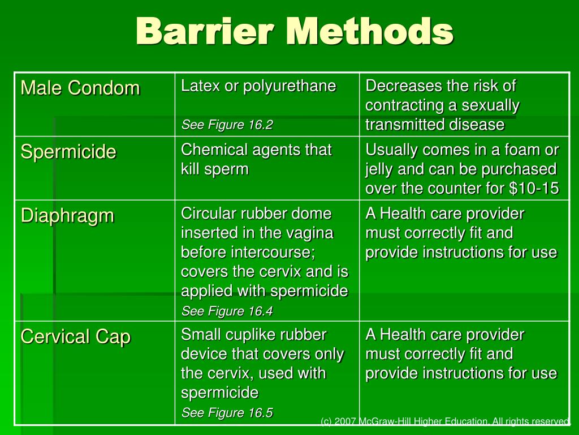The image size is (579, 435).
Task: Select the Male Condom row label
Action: (x=80, y=88)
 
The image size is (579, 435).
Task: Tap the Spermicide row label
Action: (x=68, y=152)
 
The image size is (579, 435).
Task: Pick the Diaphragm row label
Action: (x=67, y=216)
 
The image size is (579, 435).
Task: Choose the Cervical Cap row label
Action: (x=76, y=337)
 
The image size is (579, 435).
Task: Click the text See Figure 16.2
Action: (x=227, y=125)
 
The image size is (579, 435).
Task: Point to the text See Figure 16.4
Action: (x=227, y=311)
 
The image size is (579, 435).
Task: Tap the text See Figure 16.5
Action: (x=227, y=413)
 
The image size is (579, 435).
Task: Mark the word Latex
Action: (x=195, y=86)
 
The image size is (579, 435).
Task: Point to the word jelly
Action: (x=379, y=169)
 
